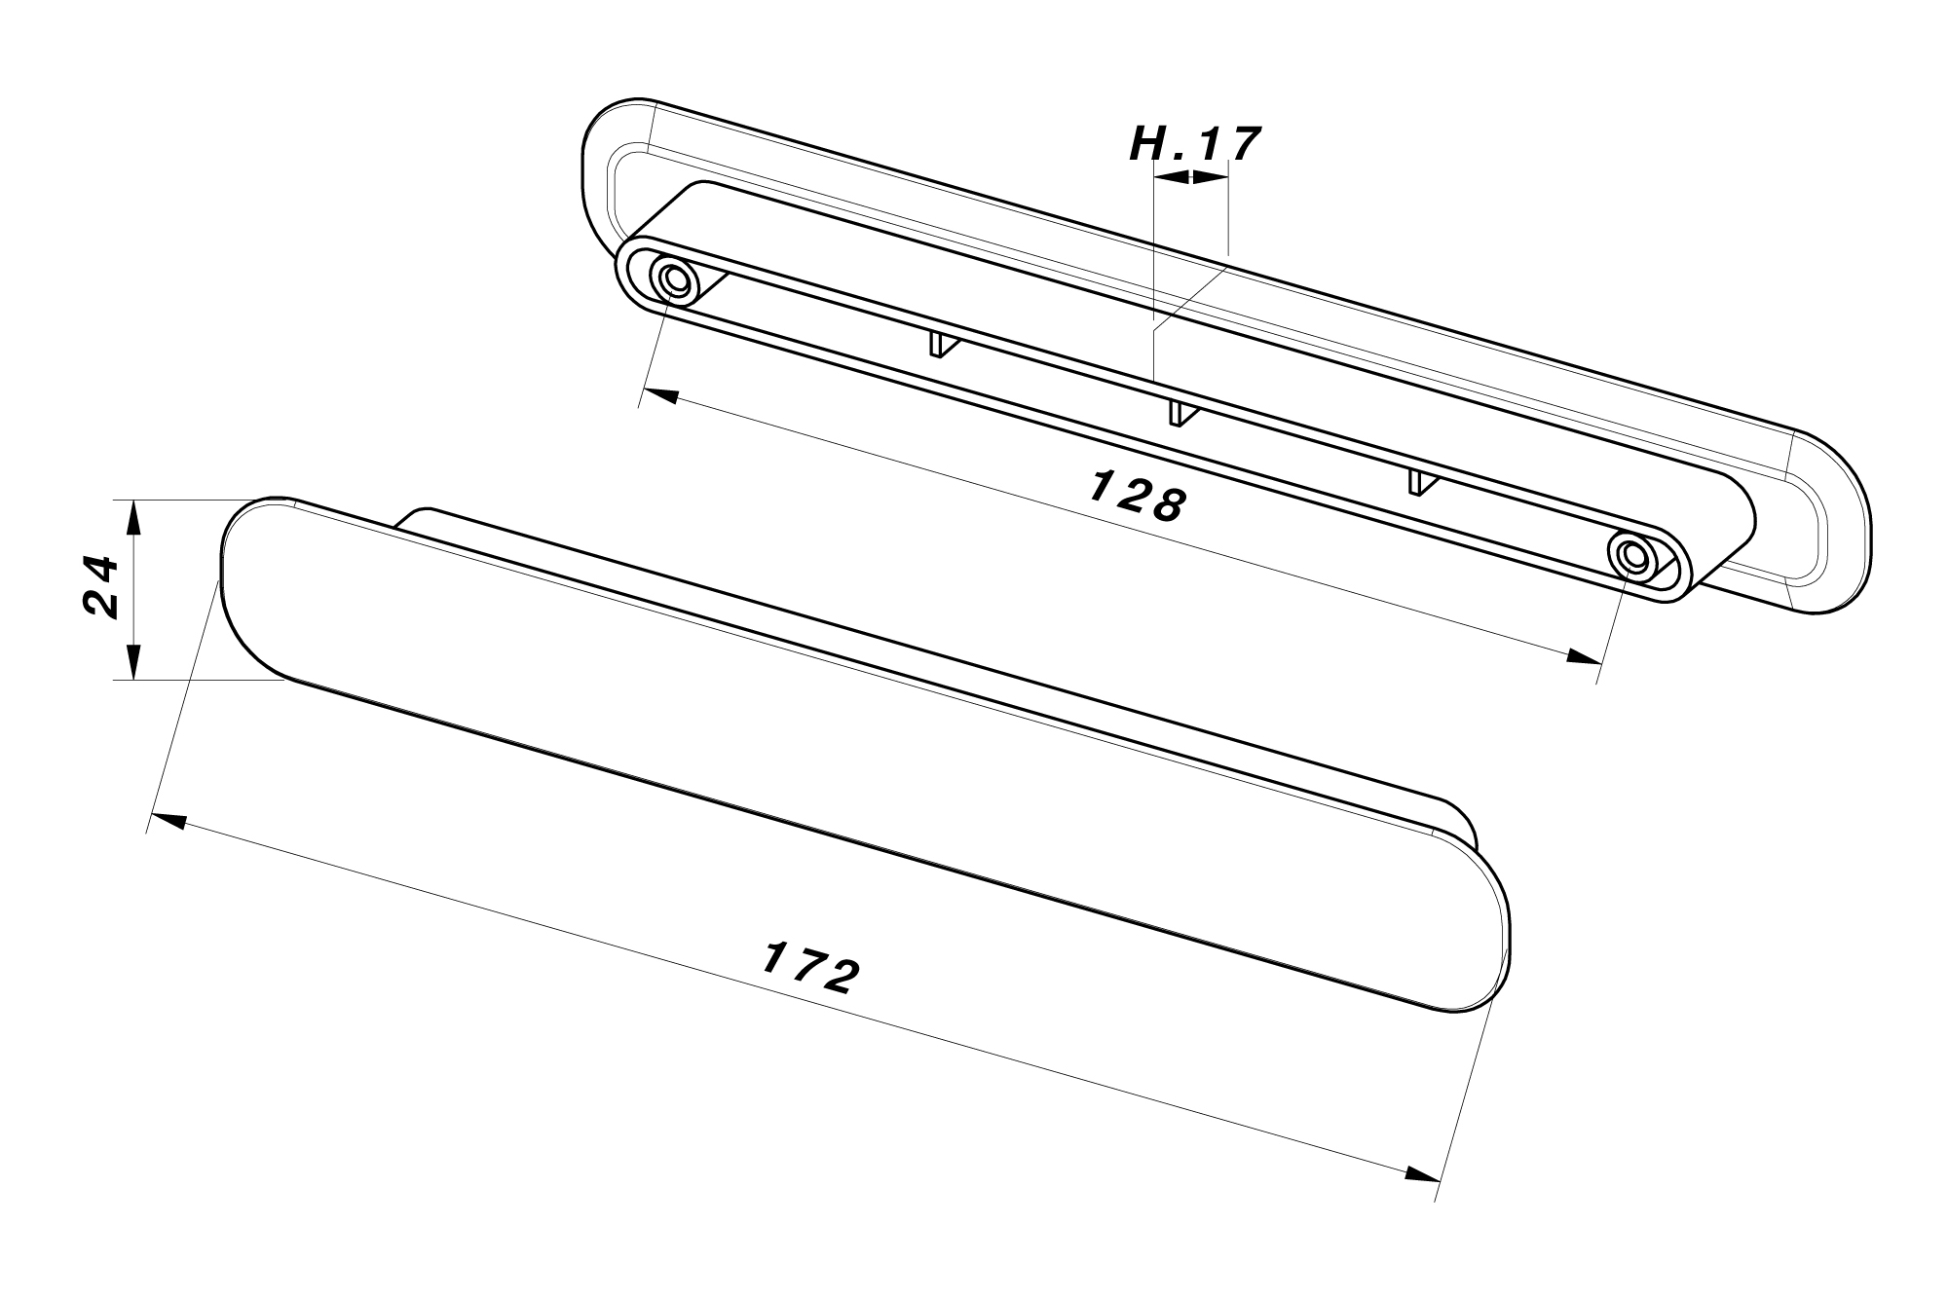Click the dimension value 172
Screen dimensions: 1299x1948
point(809,967)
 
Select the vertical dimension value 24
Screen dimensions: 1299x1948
point(100,587)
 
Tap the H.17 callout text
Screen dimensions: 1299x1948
point(1195,145)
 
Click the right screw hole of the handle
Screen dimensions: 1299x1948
point(1632,555)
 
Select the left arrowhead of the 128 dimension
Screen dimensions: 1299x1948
point(661,395)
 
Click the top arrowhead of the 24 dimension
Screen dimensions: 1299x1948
point(134,518)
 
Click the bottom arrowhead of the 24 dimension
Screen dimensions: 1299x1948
point(134,661)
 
